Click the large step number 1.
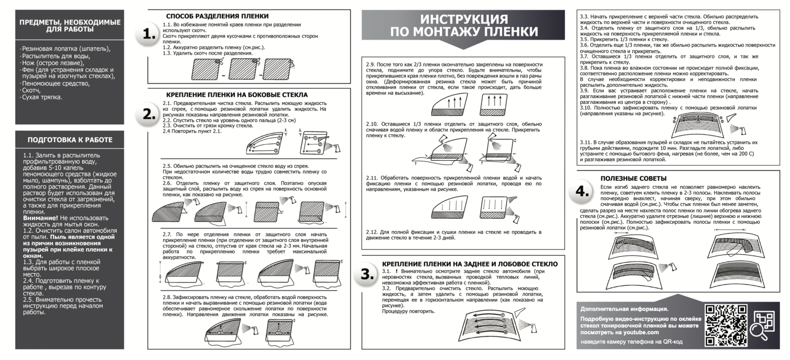coord(150,34)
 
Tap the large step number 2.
coord(150,114)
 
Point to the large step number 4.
coord(583,192)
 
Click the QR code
coord(726,325)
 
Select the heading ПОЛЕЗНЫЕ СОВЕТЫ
coord(633,178)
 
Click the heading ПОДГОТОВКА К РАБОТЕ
coord(70,140)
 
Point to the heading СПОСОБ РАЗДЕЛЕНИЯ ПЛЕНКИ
coord(217,16)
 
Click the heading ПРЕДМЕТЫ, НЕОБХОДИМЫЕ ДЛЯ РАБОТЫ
coord(70,25)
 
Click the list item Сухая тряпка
coord(42,97)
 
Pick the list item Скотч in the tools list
coord(31,90)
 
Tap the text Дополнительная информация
coord(624,309)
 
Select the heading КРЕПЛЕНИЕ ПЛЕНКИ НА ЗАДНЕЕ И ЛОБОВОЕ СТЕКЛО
coord(470,264)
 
